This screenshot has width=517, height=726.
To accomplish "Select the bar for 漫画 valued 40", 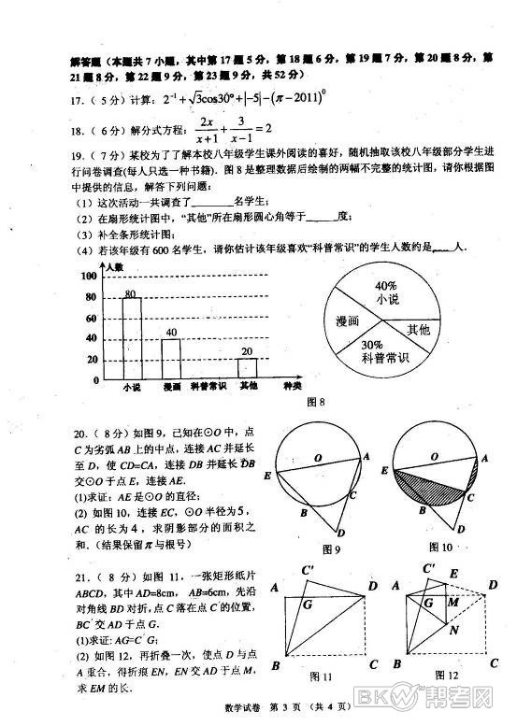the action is (x=171, y=357).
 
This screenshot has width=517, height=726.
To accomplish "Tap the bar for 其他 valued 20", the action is (x=247, y=367).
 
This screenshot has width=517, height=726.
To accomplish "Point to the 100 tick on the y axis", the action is (x=92, y=277).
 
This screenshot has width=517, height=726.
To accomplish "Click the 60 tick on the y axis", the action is (x=93, y=318).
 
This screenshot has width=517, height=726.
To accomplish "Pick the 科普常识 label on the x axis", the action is (x=208, y=387).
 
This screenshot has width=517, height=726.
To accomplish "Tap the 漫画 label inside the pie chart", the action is (x=348, y=320).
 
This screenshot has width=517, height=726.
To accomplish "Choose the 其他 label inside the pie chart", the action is (x=418, y=330).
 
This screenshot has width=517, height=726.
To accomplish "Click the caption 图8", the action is (x=315, y=404).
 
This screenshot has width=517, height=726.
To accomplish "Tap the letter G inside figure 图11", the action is (x=306, y=605).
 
